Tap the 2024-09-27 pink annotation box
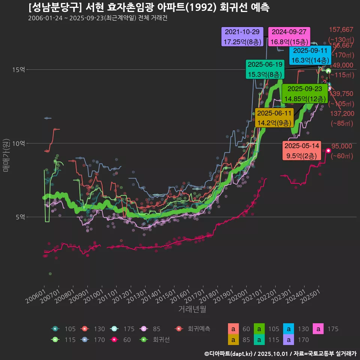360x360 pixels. [x=289, y=37]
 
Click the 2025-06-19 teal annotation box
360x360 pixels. [x=265, y=69]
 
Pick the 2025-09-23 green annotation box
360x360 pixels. [x=303, y=94]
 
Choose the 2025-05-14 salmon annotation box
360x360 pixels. [x=302, y=151]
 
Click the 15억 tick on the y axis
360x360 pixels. [x=19, y=70]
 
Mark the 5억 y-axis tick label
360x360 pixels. [x=19, y=217]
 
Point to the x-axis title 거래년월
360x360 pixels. [x=192, y=309]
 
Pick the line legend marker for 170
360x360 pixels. [x=85, y=340]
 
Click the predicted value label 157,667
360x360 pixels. [x=341, y=30]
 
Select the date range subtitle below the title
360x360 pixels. [x=97, y=18]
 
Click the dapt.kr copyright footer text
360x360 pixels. [x=280, y=353]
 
